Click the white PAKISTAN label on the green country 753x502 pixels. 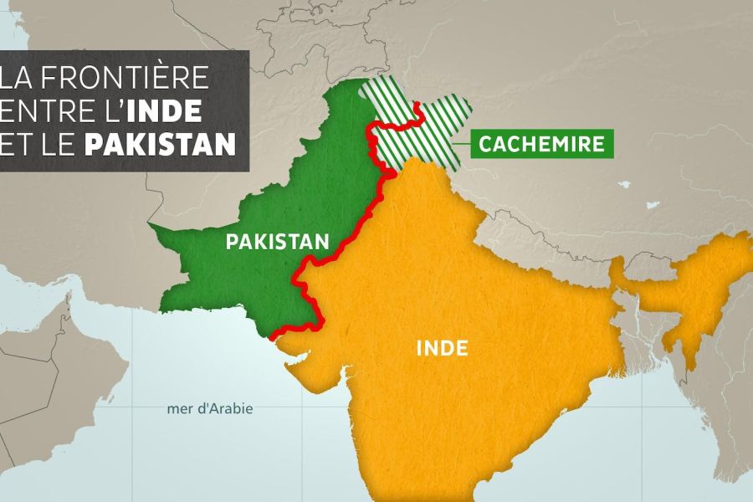pos(276,243)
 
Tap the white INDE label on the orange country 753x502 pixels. pos(441,347)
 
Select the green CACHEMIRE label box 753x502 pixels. pos(541,144)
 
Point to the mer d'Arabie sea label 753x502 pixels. pos(209,409)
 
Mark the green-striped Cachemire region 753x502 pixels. pos(435,125)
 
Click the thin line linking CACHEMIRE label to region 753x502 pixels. pos(461,144)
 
